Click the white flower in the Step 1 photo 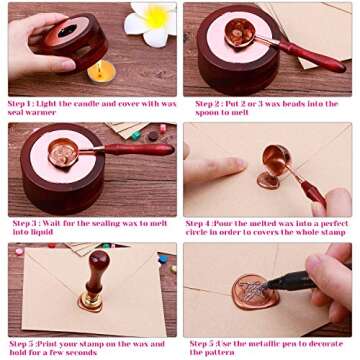151,22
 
